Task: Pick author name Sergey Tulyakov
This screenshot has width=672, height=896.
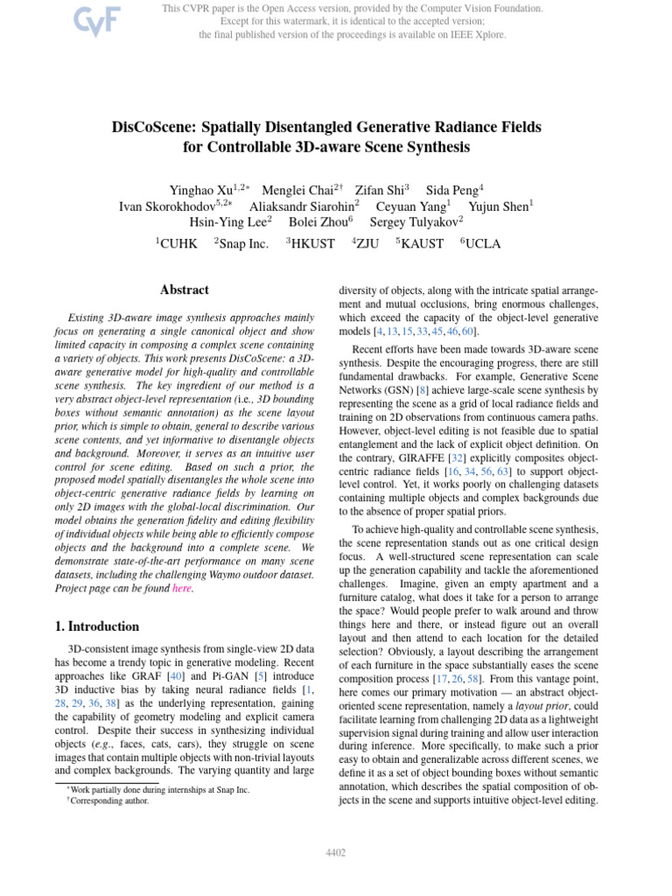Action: click(413, 221)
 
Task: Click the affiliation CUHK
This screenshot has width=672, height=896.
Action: click(178, 244)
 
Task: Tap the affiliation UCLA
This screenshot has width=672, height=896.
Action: click(482, 244)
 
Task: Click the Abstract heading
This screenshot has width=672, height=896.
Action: click(184, 290)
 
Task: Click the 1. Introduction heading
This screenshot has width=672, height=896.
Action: click(91, 626)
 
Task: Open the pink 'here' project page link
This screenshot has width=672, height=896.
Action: click(181, 588)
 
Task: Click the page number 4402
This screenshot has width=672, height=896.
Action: click(336, 852)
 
